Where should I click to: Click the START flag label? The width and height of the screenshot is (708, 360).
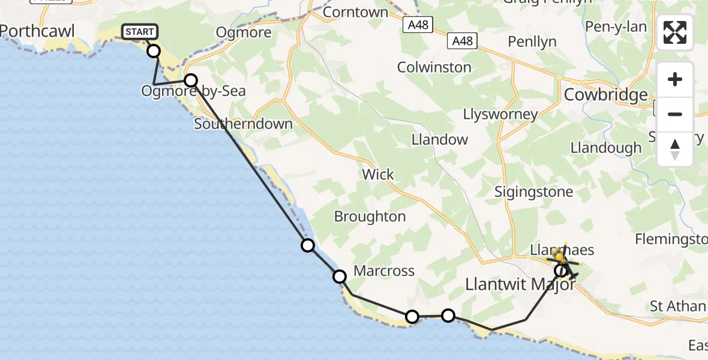[139, 32]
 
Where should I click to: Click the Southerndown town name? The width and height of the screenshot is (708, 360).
[243, 124]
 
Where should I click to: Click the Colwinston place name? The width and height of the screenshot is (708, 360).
[434, 67]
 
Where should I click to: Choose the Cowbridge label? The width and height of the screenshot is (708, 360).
[606, 95]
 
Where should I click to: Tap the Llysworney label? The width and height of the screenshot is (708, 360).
[500, 114]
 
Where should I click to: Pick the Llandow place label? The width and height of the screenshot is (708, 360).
[439, 140]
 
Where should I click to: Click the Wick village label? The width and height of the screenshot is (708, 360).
[378, 175]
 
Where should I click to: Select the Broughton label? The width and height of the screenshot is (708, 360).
[370, 217]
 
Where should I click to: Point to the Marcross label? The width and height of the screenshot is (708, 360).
[384, 271]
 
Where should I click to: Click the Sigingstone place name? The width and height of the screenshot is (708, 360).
[533, 192]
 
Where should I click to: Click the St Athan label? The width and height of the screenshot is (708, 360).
[677, 307]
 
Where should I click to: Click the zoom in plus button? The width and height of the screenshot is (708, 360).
[675, 79]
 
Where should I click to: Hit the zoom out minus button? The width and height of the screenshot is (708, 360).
[675, 114]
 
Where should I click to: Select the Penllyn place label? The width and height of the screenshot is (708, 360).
[532, 42]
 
